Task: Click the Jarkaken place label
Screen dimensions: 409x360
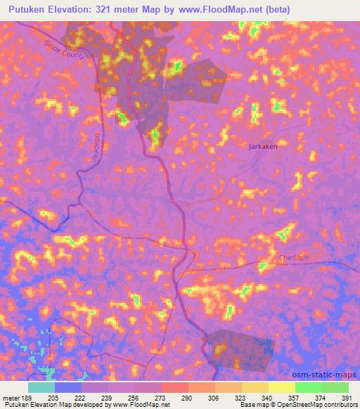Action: click(x=264, y=147)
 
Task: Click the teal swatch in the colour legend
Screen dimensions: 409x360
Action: click(x=41, y=387)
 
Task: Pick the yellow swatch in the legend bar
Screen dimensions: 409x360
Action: click(x=281, y=387)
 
